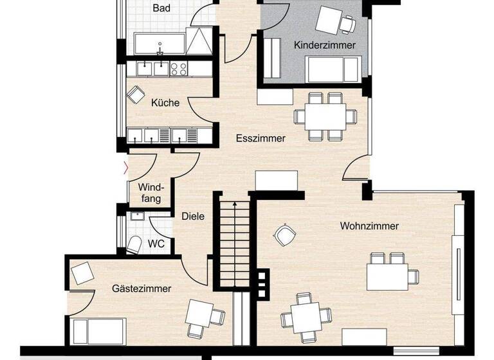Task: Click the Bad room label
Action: [x=161, y=8]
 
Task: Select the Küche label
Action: [x=165, y=102]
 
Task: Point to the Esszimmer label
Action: [x=261, y=138]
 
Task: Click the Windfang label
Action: [x=152, y=193]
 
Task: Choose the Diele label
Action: [x=192, y=217]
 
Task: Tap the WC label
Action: [x=156, y=244]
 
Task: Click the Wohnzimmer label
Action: [x=369, y=226]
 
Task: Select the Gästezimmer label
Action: [x=142, y=289]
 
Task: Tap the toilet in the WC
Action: [x=134, y=244]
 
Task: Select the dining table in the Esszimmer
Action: [x=325, y=116]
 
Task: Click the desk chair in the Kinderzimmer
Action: [x=348, y=24]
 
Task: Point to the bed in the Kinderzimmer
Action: [x=333, y=69]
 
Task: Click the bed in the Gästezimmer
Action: [x=96, y=332]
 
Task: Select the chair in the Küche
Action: [x=136, y=94]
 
